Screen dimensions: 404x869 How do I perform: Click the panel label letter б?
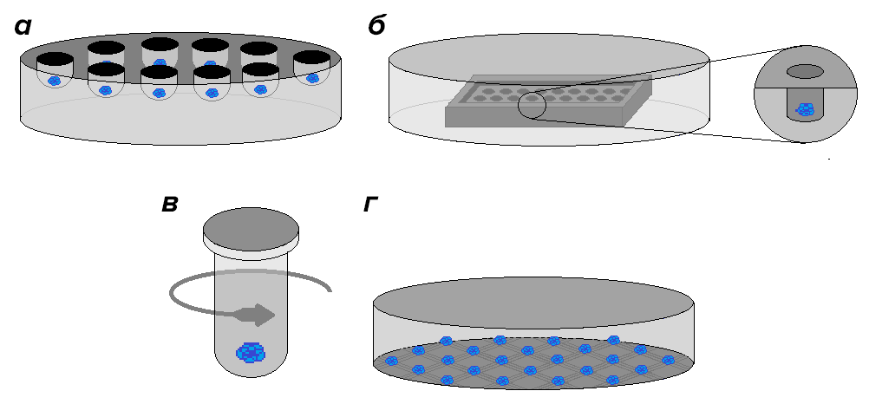[376, 27]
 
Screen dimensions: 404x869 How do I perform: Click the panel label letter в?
[170, 205]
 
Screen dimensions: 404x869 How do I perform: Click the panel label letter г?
[371, 205]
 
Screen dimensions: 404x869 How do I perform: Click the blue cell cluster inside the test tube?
[251, 352]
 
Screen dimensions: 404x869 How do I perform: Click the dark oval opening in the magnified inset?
[806, 71]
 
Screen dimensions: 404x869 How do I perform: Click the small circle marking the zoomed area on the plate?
[532, 106]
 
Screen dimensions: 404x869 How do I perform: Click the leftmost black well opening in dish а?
[54, 59]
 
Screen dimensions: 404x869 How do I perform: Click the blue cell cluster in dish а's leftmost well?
[54, 80]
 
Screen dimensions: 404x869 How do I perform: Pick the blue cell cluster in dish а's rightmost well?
[312, 78]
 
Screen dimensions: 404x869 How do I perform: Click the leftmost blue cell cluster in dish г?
[391, 361]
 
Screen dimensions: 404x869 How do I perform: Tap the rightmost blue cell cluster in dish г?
[668, 359]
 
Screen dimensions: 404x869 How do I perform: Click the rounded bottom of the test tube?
[251, 368]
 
